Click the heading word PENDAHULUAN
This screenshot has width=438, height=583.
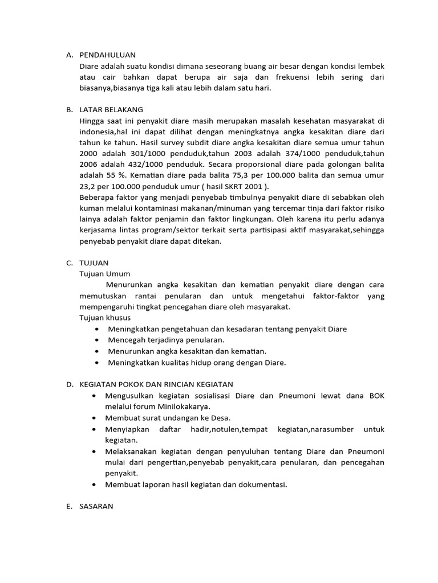pos(108,55)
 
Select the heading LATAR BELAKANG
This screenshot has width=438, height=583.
pos(111,109)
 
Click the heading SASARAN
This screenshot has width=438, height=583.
pos(96,505)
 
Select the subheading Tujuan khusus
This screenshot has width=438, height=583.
pos(106,318)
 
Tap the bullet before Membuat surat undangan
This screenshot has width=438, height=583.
pos(94,418)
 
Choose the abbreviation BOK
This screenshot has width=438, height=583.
pos(376,396)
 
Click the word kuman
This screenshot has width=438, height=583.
pos(91,208)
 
